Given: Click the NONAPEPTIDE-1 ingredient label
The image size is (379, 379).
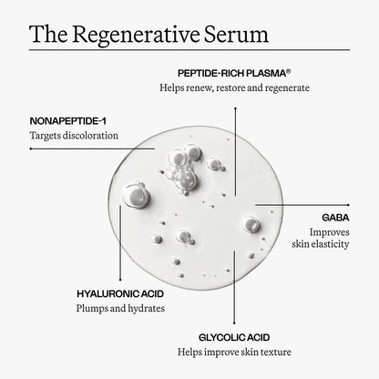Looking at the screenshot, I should click(69, 118).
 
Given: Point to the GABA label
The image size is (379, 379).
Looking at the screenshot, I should click(334, 218).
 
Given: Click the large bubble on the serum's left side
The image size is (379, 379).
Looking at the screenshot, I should click(138, 193).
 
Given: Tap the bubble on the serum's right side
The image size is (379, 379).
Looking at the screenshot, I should click(250, 224).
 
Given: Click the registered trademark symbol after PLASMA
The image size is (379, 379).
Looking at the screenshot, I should click(289, 67).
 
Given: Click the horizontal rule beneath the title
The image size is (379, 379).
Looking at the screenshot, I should click(189, 49).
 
